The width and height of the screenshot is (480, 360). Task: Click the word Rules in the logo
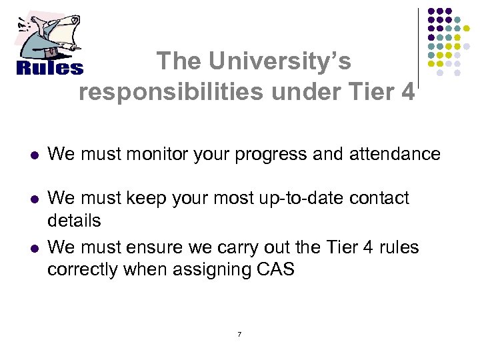click(x=49, y=68)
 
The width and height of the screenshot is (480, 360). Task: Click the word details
click(x=74, y=220)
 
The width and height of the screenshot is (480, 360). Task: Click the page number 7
click(x=239, y=334)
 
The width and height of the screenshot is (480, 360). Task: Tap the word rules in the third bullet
click(x=399, y=247)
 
